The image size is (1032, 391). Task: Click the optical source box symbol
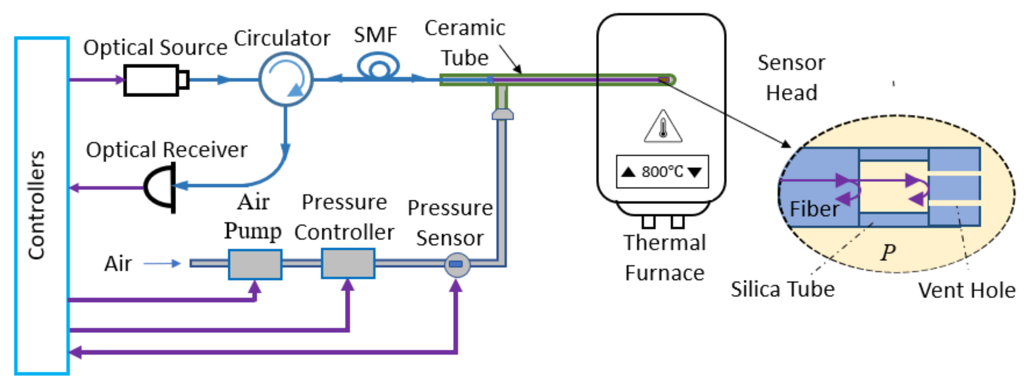click(x=152, y=80)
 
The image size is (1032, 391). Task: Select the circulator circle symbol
click(x=286, y=79)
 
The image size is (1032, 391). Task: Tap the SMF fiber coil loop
click(x=378, y=66)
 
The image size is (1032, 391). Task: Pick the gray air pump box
click(x=255, y=264)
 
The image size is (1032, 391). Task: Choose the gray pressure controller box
click(x=348, y=264)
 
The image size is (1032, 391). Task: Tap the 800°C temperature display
click(x=662, y=172)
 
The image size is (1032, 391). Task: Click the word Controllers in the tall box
click(x=37, y=205)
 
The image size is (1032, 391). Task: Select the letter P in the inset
click(x=888, y=253)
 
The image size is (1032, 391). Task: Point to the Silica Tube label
click(x=782, y=289)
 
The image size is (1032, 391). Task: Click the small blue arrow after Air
click(x=162, y=264)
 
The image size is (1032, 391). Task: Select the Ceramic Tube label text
click(x=465, y=43)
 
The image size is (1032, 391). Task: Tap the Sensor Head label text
click(x=791, y=78)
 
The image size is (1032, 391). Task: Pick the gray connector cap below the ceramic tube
click(x=502, y=115)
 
